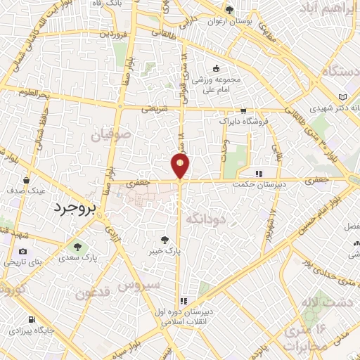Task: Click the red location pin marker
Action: (181, 165)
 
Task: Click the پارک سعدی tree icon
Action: (77, 247)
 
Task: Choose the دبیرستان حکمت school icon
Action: (259, 174)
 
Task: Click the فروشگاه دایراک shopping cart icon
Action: (243, 110)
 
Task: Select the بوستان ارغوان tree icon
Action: (229, 10)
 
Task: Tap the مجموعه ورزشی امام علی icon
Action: (216, 69)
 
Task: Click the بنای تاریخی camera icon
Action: (23, 251)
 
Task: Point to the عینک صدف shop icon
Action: (26, 179)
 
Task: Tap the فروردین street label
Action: (114, 32)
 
